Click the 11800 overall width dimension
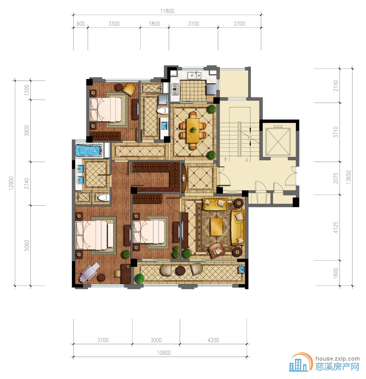point(167,11)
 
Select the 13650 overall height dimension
point(348,177)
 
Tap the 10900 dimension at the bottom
point(164,353)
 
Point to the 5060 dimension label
point(27,245)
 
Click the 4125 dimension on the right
point(336,228)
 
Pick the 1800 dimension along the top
point(154,24)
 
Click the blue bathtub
point(88,151)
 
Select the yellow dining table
point(193,130)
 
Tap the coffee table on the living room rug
point(217,227)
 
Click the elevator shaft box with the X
point(278,142)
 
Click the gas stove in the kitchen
point(175,89)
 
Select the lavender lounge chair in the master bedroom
point(89,272)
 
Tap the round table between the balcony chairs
point(180,271)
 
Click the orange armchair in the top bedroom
point(130,89)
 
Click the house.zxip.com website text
point(337,359)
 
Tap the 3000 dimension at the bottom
point(156,340)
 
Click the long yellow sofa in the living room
point(238,228)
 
